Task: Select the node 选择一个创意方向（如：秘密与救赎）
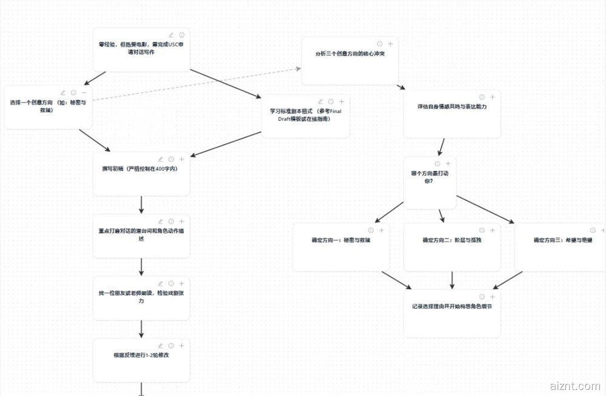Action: click(48, 106)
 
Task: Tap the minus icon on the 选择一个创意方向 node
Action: click(84, 93)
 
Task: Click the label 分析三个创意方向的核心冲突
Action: click(350, 54)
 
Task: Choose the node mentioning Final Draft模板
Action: click(305, 115)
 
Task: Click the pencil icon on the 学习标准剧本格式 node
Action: click(321, 102)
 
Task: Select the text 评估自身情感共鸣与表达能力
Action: click(452, 107)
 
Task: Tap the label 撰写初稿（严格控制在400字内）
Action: click(139, 169)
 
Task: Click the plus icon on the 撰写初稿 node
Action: click(181, 159)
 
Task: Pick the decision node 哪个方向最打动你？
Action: click(430, 177)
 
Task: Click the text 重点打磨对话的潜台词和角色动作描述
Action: click(141, 234)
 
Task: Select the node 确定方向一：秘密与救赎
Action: click(341, 240)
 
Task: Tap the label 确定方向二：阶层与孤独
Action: click(451, 240)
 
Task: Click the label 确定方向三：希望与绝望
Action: click(563, 240)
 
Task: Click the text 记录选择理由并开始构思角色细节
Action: click(451, 306)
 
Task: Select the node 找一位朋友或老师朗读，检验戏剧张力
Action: click(141, 297)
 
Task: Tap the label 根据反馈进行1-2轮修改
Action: click(141, 355)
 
